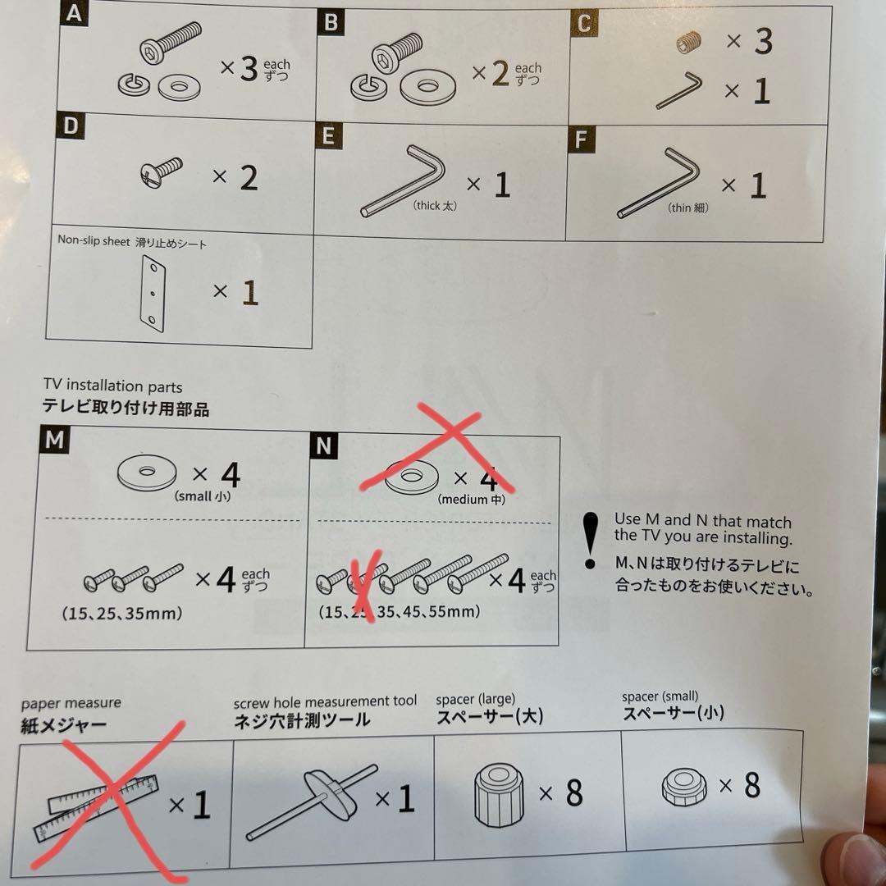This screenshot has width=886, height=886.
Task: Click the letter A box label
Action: tap(74, 14)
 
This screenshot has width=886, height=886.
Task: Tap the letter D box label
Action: tap(71, 126)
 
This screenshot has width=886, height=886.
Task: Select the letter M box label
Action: tap(55, 440)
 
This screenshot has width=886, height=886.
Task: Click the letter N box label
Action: tap(324, 445)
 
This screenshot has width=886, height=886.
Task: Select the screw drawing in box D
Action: tap(161, 172)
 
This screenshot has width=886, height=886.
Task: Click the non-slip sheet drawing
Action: tap(153, 293)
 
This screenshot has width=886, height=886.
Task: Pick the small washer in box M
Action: tap(147, 473)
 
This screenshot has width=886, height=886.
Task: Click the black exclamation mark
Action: tap(591, 541)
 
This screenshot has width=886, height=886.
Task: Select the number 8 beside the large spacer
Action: tap(574, 793)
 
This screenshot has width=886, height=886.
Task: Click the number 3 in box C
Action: tap(764, 41)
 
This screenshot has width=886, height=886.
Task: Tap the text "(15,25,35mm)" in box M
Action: tap(122, 613)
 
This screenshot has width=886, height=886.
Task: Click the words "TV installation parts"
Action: tap(113, 386)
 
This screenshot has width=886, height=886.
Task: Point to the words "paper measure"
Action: tap(71, 704)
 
